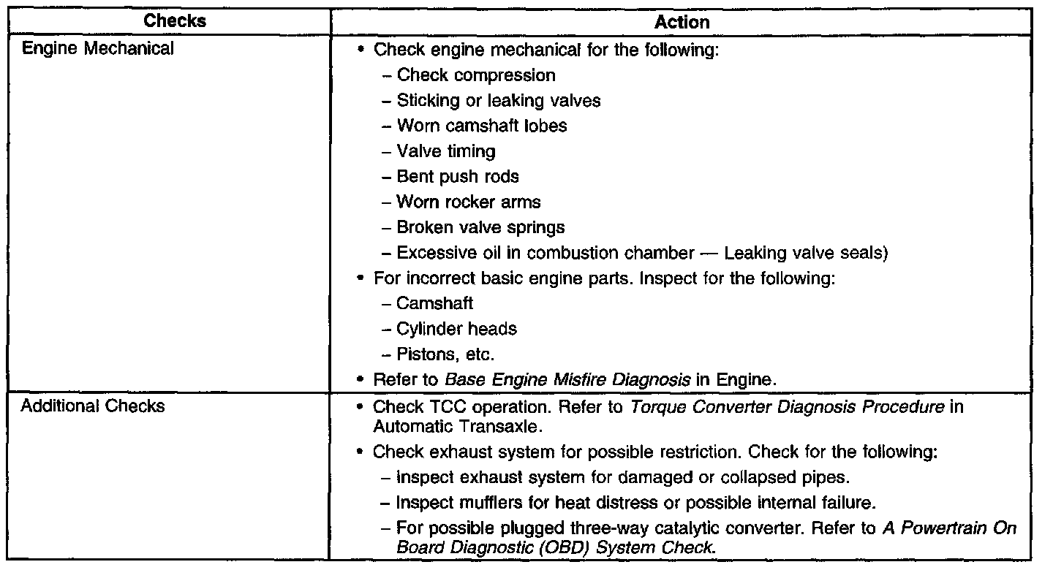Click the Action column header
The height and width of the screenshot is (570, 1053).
coord(682,22)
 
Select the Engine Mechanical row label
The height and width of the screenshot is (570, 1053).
coord(97,49)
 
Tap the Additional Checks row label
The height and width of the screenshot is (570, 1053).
coord(93,406)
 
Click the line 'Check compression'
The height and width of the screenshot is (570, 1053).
coord(476,75)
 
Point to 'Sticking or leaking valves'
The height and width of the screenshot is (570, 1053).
coord(499,100)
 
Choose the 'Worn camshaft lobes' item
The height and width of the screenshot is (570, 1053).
coord(482,126)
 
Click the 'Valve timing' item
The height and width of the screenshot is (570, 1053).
coord(446,151)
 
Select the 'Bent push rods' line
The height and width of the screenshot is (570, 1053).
coord(458,177)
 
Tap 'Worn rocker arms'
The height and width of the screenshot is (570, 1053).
coord(469,202)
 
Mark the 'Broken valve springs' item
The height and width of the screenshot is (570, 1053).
coord(480,227)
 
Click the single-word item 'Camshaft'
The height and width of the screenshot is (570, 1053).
coord(435,303)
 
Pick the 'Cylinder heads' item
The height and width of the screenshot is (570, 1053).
coord(456,329)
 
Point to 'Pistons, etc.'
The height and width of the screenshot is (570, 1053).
coord(445,354)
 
